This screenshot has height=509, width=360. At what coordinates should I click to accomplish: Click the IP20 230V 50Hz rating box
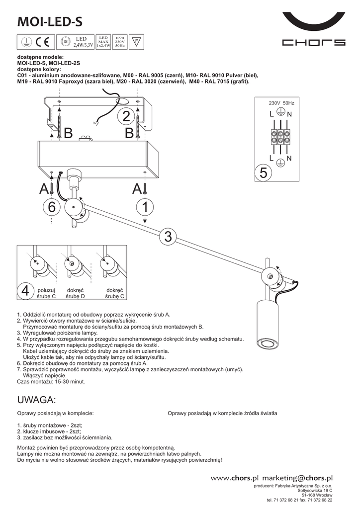pyautogui.click(x=120, y=41)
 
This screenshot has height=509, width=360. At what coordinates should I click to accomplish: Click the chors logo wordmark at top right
pyautogui.click(x=313, y=43)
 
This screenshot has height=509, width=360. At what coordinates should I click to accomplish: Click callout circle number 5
pyautogui.click(x=264, y=173)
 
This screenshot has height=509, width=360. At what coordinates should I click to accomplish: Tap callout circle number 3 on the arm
pyautogui.click(x=168, y=237)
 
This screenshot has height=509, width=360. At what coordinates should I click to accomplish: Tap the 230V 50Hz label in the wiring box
pyautogui.click(x=281, y=103)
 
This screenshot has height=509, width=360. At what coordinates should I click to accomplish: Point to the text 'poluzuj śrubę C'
pyautogui.click(x=47, y=293)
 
